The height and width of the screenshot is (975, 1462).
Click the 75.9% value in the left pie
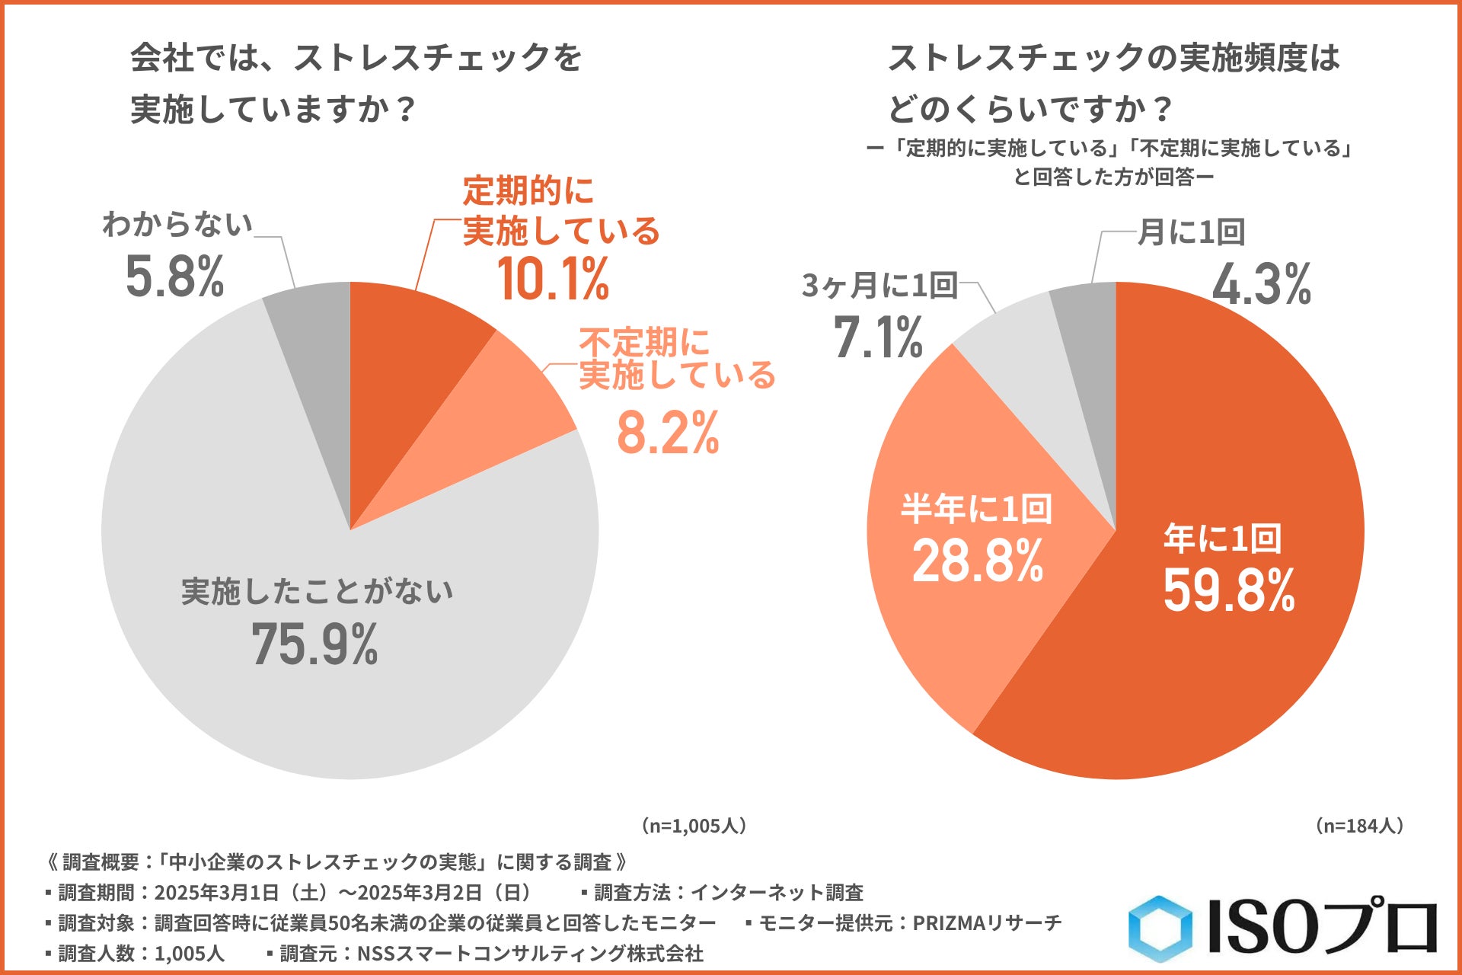[314, 644]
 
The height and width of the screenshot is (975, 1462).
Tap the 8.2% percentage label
[668, 433]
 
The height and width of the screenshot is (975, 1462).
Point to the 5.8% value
[174, 276]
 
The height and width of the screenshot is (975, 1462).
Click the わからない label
[177, 225]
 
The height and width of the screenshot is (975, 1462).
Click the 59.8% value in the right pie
[1228, 590]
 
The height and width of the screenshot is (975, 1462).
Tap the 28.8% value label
[978, 561]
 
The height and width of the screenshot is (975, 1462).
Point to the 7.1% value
[878, 337]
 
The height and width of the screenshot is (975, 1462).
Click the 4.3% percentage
[1261, 284]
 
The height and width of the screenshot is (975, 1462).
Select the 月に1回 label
[1191, 232]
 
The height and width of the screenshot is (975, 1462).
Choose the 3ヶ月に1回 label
[879, 286]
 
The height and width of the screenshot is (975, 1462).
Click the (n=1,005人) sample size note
[693, 826]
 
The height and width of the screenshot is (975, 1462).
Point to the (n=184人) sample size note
[1359, 826]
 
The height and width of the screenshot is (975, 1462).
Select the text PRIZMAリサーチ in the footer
[987, 923]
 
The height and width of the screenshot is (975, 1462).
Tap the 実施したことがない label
[317, 592]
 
